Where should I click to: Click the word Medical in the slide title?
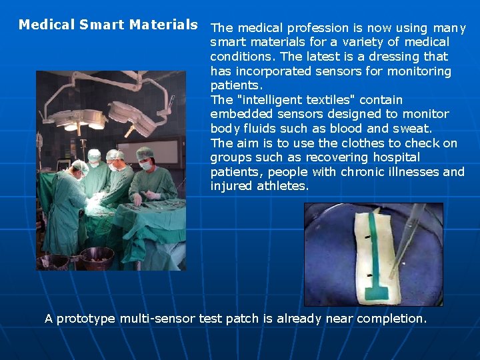coord(46,25)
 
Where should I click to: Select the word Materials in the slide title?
coord(163,25)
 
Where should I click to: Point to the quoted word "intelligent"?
coord(266,100)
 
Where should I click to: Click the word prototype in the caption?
coord(86,319)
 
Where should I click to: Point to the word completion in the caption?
coord(391,319)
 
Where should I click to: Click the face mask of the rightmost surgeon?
coord(145,165)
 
